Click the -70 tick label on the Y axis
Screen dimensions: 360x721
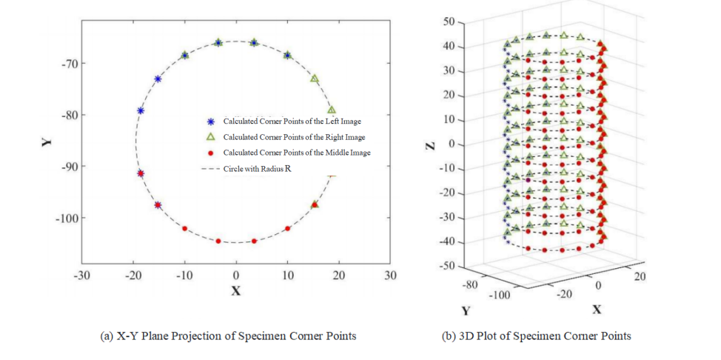click(x=69, y=63)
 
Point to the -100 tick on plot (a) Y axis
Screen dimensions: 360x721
click(x=67, y=218)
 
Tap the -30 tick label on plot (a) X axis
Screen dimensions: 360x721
click(x=81, y=276)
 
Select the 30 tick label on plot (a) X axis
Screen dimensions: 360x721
click(x=390, y=276)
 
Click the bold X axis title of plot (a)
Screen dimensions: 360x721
click(x=235, y=291)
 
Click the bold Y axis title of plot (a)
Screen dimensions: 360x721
click(x=47, y=141)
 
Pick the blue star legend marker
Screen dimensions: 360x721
click(x=210, y=121)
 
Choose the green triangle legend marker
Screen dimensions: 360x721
click(x=210, y=137)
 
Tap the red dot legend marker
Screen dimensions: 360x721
click(x=210, y=153)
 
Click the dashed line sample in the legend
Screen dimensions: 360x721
click(x=210, y=169)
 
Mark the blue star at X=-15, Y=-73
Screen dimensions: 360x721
click(x=158, y=79)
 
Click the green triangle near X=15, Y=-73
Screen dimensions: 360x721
click(x=314, y=79)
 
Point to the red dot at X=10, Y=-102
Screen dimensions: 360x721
click(x=287, y=228)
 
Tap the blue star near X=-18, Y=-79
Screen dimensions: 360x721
click(x=141, y=110)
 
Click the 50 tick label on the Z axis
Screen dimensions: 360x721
click(x=448, y=22)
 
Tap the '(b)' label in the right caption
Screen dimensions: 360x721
click(x=449, y=336)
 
